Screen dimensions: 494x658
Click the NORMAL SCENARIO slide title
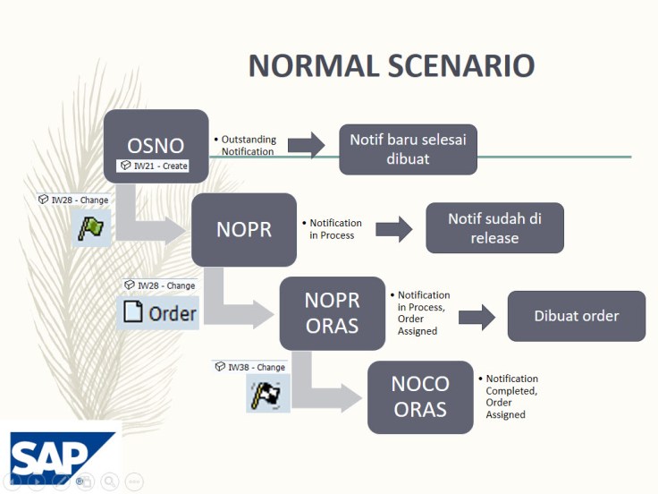[x=391, y=66]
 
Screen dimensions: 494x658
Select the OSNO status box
[x=156, y=143]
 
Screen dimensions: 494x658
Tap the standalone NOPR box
[x=243, y=229]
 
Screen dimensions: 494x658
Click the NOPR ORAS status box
[x=332, y=313]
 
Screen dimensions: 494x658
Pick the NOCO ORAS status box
[x=419, y=396]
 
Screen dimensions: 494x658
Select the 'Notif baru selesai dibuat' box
[x=408, y=149]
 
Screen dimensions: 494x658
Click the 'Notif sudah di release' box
[x=494, y=228]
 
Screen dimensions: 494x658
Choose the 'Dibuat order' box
[x=576, y=316]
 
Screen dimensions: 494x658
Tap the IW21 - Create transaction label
[x=154, y=166]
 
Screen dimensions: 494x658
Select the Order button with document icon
[x=158, y=313]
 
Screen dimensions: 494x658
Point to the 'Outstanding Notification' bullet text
[x=248, y=146]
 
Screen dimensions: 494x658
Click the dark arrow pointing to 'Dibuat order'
[x=477, y=316]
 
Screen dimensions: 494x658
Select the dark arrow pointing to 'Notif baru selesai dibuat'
[x=306, y=145]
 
